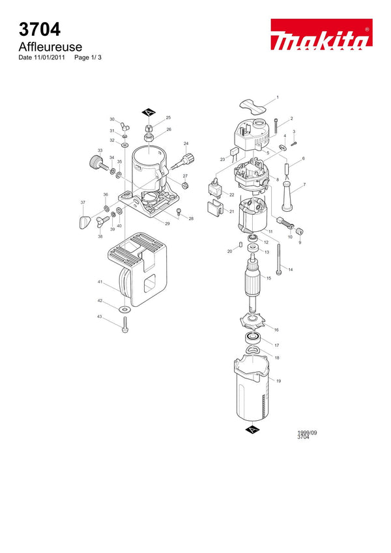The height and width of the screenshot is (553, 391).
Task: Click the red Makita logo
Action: (321, 35)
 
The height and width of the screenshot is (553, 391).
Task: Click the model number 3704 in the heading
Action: (40, 29)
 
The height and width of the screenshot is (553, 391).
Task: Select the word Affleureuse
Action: (50, 46)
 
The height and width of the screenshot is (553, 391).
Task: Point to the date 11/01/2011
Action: (50, 57)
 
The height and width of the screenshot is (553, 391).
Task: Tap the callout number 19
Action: (278, 381)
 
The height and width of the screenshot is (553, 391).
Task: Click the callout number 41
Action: (100, 282)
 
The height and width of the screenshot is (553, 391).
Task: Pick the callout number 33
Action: (100, 150)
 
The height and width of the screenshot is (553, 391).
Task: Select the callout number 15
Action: (268, 278)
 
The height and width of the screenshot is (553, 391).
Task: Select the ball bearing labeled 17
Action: (253, 337)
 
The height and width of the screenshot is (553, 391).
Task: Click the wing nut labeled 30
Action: (124, 125)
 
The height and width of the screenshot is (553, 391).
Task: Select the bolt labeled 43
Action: (124, 324)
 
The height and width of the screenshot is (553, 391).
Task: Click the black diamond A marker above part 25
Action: (149, 113)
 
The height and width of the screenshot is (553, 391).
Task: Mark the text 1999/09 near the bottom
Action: (307, 432)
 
